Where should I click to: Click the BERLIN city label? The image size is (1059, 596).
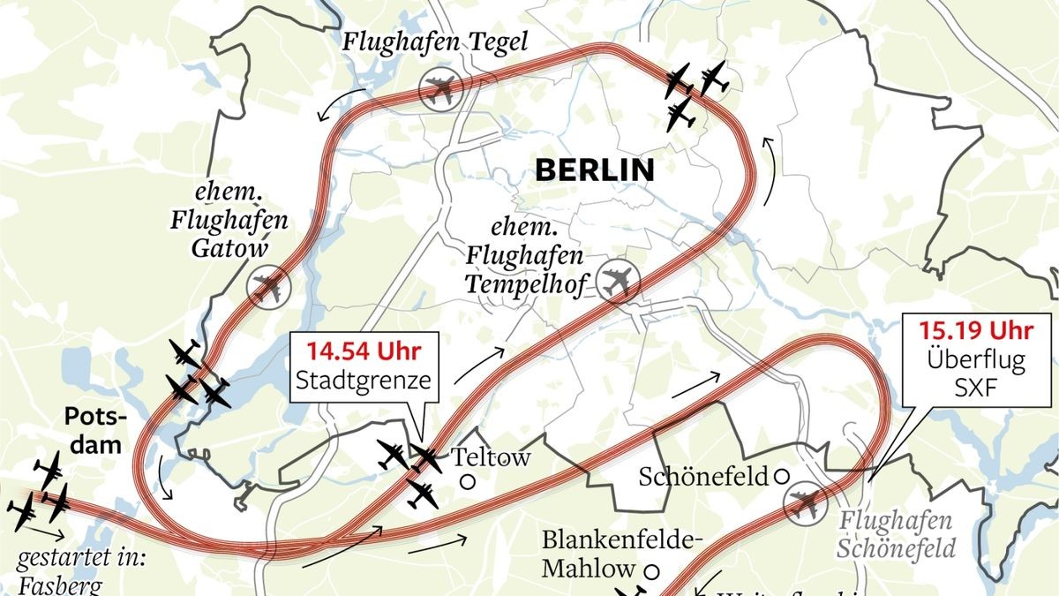[x=595, y=170]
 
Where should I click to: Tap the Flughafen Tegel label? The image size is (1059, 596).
[x=435, y=41]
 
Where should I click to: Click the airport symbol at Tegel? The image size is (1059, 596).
[x=439, y=90]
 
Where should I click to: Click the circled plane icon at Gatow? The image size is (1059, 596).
[x=267, y=288]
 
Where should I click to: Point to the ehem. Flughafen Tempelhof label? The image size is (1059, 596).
[x=525, y=255]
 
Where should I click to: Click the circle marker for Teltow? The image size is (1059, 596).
[x=467, y=482]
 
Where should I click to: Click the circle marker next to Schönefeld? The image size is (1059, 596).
[x=781, y=476]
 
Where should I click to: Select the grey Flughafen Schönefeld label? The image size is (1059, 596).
[x=897, y=535]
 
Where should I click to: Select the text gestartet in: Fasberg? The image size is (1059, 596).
[x=71, y=573]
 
